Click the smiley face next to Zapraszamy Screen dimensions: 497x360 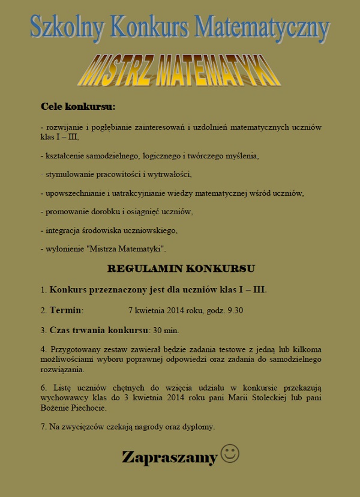(230, 453)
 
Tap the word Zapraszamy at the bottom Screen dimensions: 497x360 (169, 457)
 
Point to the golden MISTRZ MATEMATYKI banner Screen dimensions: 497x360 (179, 71)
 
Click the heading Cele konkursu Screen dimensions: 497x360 (77, 106)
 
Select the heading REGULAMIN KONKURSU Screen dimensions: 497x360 (181, 268)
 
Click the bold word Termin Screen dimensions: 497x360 (65, 310)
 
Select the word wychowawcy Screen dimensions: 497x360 (61, 397)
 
